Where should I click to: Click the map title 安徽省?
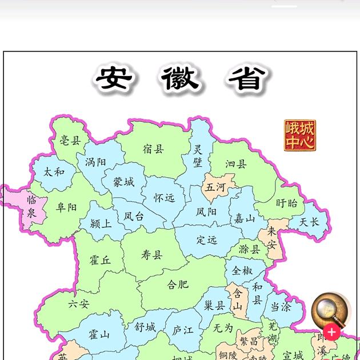[181, 79]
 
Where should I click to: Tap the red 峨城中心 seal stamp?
[300, 135]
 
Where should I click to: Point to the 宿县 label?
[153, 149]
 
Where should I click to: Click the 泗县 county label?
[235, 164]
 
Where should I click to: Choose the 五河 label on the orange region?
[215, 187]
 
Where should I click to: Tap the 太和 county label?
[54, 171]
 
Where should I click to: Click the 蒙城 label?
[123, 182]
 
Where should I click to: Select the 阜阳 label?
[66, 207]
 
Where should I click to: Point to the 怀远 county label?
[164, 198]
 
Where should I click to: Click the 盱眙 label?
[287, 203]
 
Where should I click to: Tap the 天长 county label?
[309, 222]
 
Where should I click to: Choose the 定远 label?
[207, 240]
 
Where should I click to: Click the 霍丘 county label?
[100, 261]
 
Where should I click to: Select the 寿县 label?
[152, 255]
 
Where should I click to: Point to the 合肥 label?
[177, 284]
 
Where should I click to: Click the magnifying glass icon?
[330, 310]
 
